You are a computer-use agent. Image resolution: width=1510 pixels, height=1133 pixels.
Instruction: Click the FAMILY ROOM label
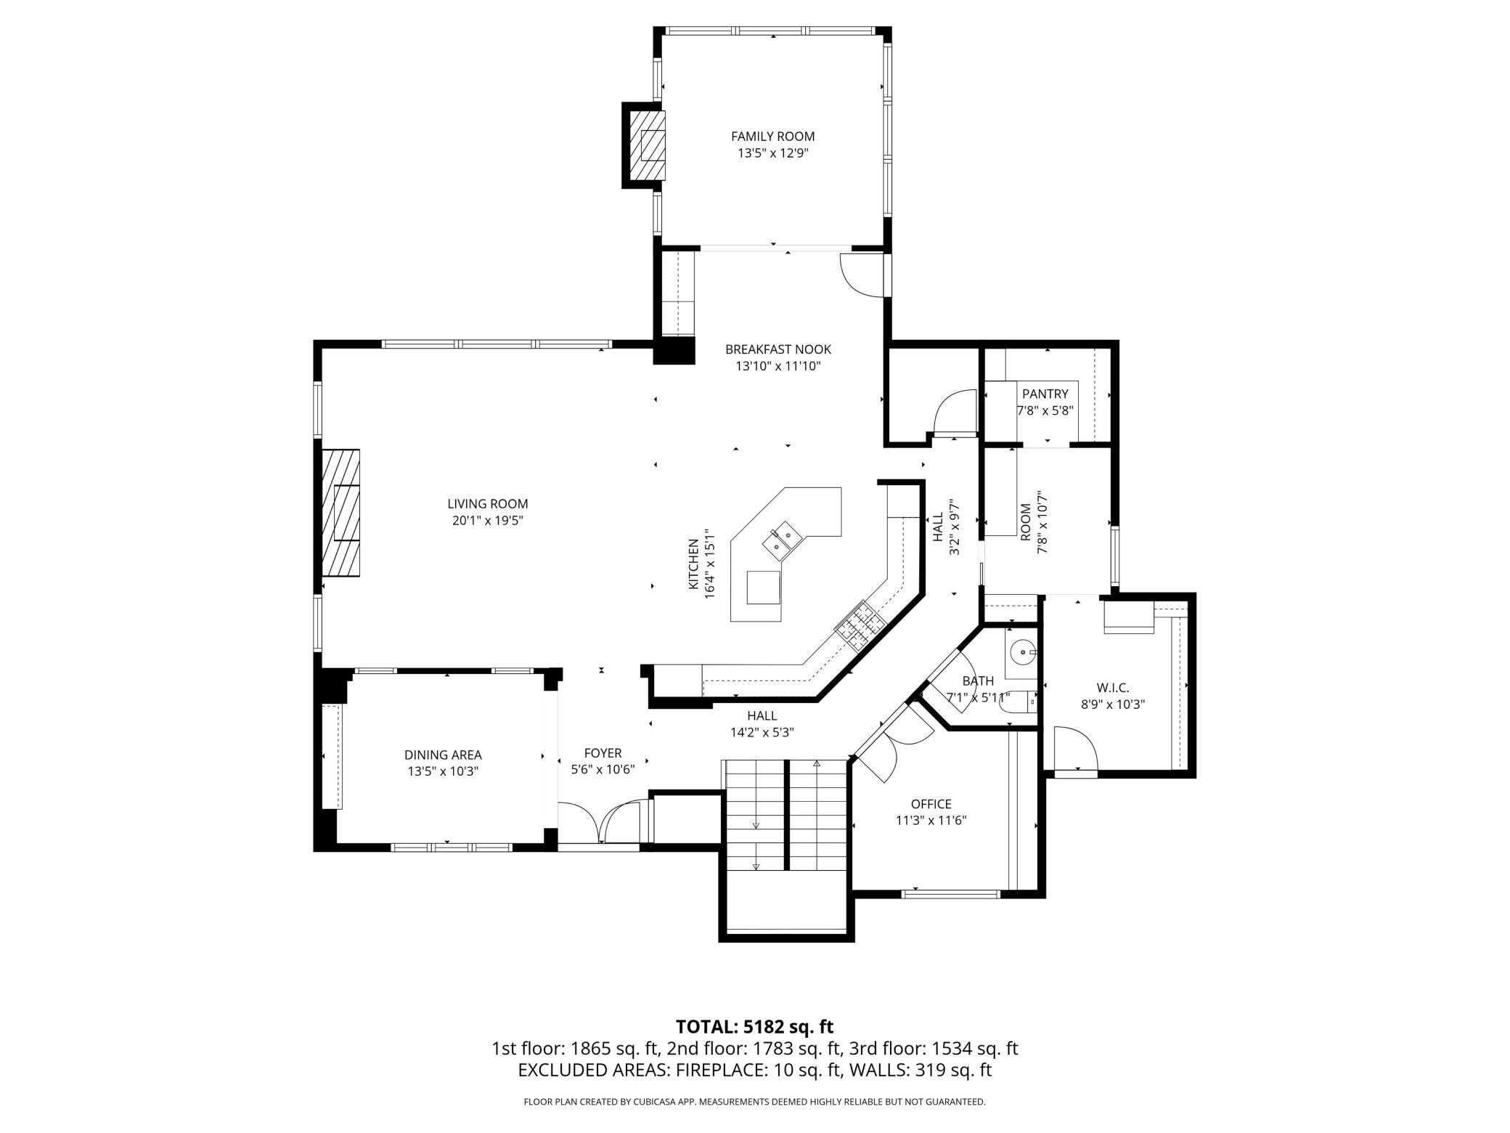pyautogui.click(x=772, y=136)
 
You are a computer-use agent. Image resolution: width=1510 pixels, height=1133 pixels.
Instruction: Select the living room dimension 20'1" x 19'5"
pyautogui.click(x=487, y=521)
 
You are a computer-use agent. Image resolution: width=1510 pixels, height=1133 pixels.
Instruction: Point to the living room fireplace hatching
pyautogui.click(x=341, y=513)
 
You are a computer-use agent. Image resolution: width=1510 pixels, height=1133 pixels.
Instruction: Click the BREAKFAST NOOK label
pyautogui.click(x=778, y=349)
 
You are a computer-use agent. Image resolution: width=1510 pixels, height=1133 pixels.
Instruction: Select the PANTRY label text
pyautogui.click(x=1045, y=394)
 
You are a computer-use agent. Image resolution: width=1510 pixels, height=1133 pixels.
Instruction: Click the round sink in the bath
pyautogui.click(x=1024, y=651)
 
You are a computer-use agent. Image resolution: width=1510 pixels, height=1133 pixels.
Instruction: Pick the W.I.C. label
pyautogui.click(x=1112, y=687)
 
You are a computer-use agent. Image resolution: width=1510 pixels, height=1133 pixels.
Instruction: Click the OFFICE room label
pyautogui.click(x=931, y=804)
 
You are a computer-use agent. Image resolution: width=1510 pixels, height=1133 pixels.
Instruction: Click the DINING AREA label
pyautogui.click(x=443, y=755)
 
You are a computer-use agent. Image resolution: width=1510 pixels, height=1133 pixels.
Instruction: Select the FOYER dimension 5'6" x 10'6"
pyautogui.click(x=603, y=770)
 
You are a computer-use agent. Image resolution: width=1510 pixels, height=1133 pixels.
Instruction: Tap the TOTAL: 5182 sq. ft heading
pyautogui.click(x=754, y=1026)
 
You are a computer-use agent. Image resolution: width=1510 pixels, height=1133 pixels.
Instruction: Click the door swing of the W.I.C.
pyautogui.click(x=1076, y=750)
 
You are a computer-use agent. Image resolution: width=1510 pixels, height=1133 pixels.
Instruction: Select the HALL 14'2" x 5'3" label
pyautogui.click(x=762, y=724)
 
